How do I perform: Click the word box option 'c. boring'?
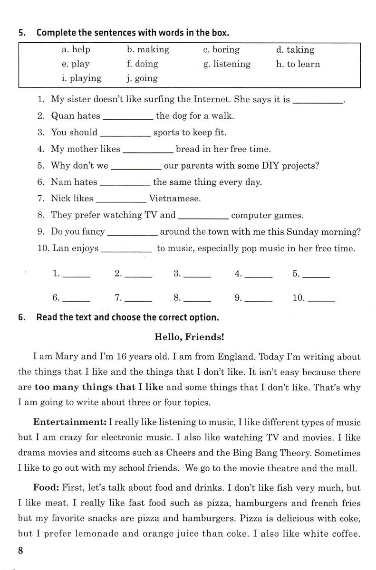[x=221, y=50]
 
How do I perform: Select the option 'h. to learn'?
[x=298, y=64]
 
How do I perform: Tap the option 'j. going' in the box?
[x=142, y=78]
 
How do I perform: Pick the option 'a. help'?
[x=76, y=50]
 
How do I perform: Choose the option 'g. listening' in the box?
[x=227, y=64]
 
